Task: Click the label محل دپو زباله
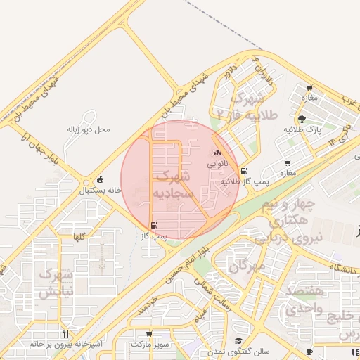[x=83, y=129]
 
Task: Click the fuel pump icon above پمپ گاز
[x=153, y=225]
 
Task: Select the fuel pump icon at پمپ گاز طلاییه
[x=244, y=170]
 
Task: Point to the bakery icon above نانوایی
[x=217, y=153]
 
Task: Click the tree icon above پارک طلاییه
[x=302, y=120]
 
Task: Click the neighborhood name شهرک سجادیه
[x=172, y=182]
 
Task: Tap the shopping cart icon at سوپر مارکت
[x=149, y=334]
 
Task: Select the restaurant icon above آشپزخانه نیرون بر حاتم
[x=65, y=333]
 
